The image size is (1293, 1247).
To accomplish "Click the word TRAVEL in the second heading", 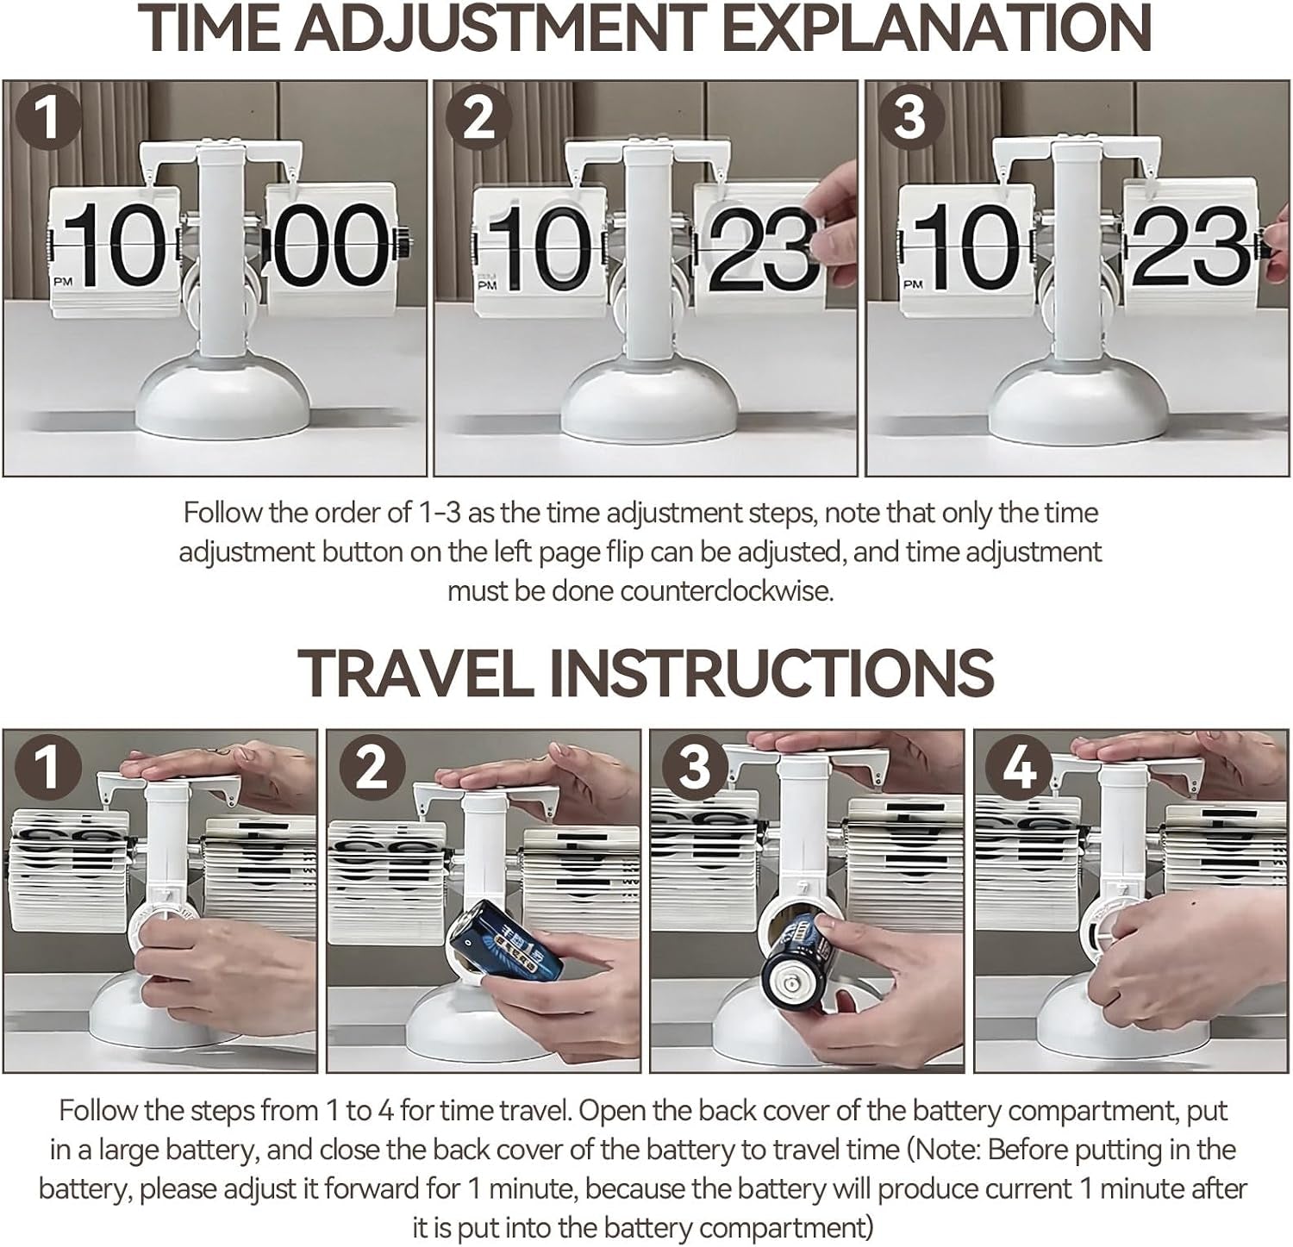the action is tap(415, 673).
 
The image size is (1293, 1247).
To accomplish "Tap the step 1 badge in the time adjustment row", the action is tap(49, 118).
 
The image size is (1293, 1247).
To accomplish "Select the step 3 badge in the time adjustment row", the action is tap(910, 118).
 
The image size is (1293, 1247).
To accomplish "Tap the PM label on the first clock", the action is tap(63, 281).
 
